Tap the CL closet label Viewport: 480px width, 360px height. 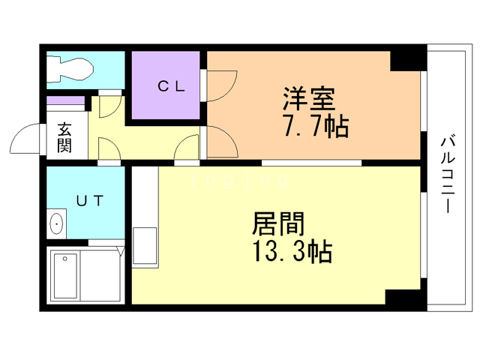tap(166, 85)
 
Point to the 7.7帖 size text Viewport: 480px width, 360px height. tap(315, 127)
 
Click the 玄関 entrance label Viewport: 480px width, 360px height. tap(64, 137)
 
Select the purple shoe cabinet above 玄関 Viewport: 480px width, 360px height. tap(66, 100)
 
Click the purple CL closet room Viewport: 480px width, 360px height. tap(166, 85)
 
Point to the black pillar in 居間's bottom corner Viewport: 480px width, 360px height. tap(405, 295)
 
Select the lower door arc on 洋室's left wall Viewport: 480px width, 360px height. tap(219, 142)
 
